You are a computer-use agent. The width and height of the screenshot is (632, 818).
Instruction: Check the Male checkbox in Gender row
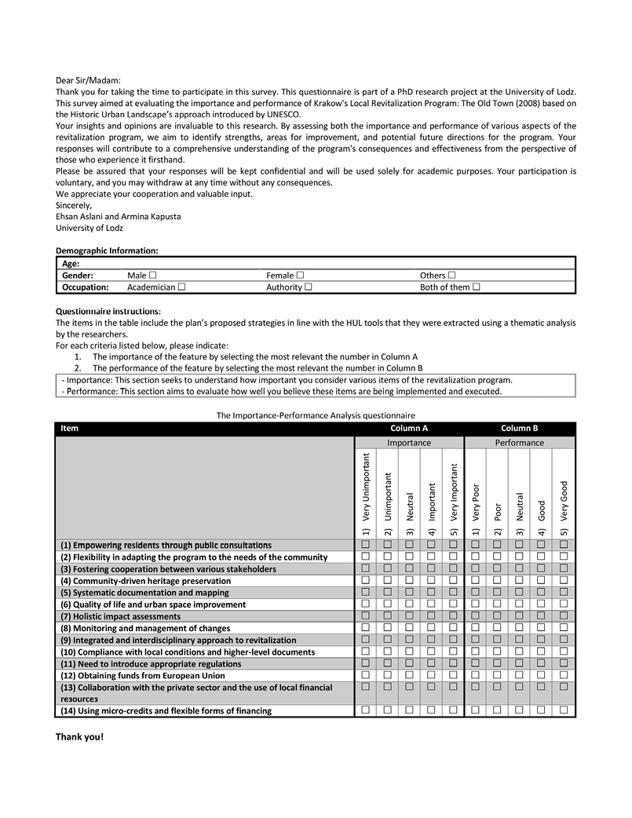[152, 276]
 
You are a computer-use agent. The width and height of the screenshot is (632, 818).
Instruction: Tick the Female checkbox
[300, 276]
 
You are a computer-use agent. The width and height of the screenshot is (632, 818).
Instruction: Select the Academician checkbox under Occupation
[181, 287]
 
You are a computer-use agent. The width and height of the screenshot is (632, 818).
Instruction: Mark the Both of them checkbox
[476, 287]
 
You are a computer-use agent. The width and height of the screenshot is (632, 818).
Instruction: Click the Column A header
[409, 429]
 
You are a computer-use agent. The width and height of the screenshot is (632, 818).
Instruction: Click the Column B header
[519, 429]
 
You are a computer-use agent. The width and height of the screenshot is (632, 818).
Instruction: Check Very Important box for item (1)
[453, 545]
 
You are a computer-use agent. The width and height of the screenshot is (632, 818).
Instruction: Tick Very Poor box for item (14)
[476, 710]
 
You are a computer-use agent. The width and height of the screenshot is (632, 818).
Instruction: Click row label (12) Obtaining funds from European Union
[143, 676]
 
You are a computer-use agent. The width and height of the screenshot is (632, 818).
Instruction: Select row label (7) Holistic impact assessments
[120, 617]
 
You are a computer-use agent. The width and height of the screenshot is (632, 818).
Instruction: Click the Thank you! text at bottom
[79, 737]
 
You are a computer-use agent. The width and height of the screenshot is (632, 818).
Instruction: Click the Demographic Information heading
[107, 250]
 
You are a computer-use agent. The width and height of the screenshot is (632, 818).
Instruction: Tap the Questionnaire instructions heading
[108, 312]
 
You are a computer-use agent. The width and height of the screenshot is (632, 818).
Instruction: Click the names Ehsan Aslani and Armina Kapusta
[119, 217]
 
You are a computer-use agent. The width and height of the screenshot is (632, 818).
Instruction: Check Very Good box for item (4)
[564, 581]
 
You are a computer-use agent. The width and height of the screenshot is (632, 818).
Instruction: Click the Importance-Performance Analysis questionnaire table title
[316, 415]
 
